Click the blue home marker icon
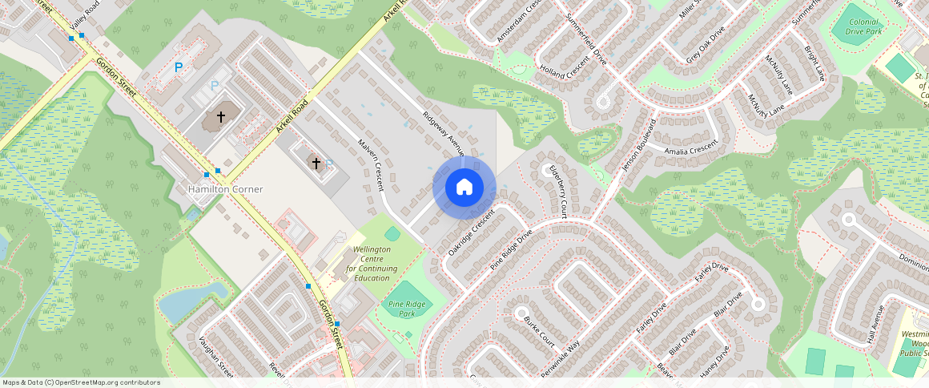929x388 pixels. (464, 188)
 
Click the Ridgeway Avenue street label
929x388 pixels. (444, 133)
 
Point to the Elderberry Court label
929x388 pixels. (557, 193)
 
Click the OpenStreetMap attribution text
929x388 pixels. (82, 382)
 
